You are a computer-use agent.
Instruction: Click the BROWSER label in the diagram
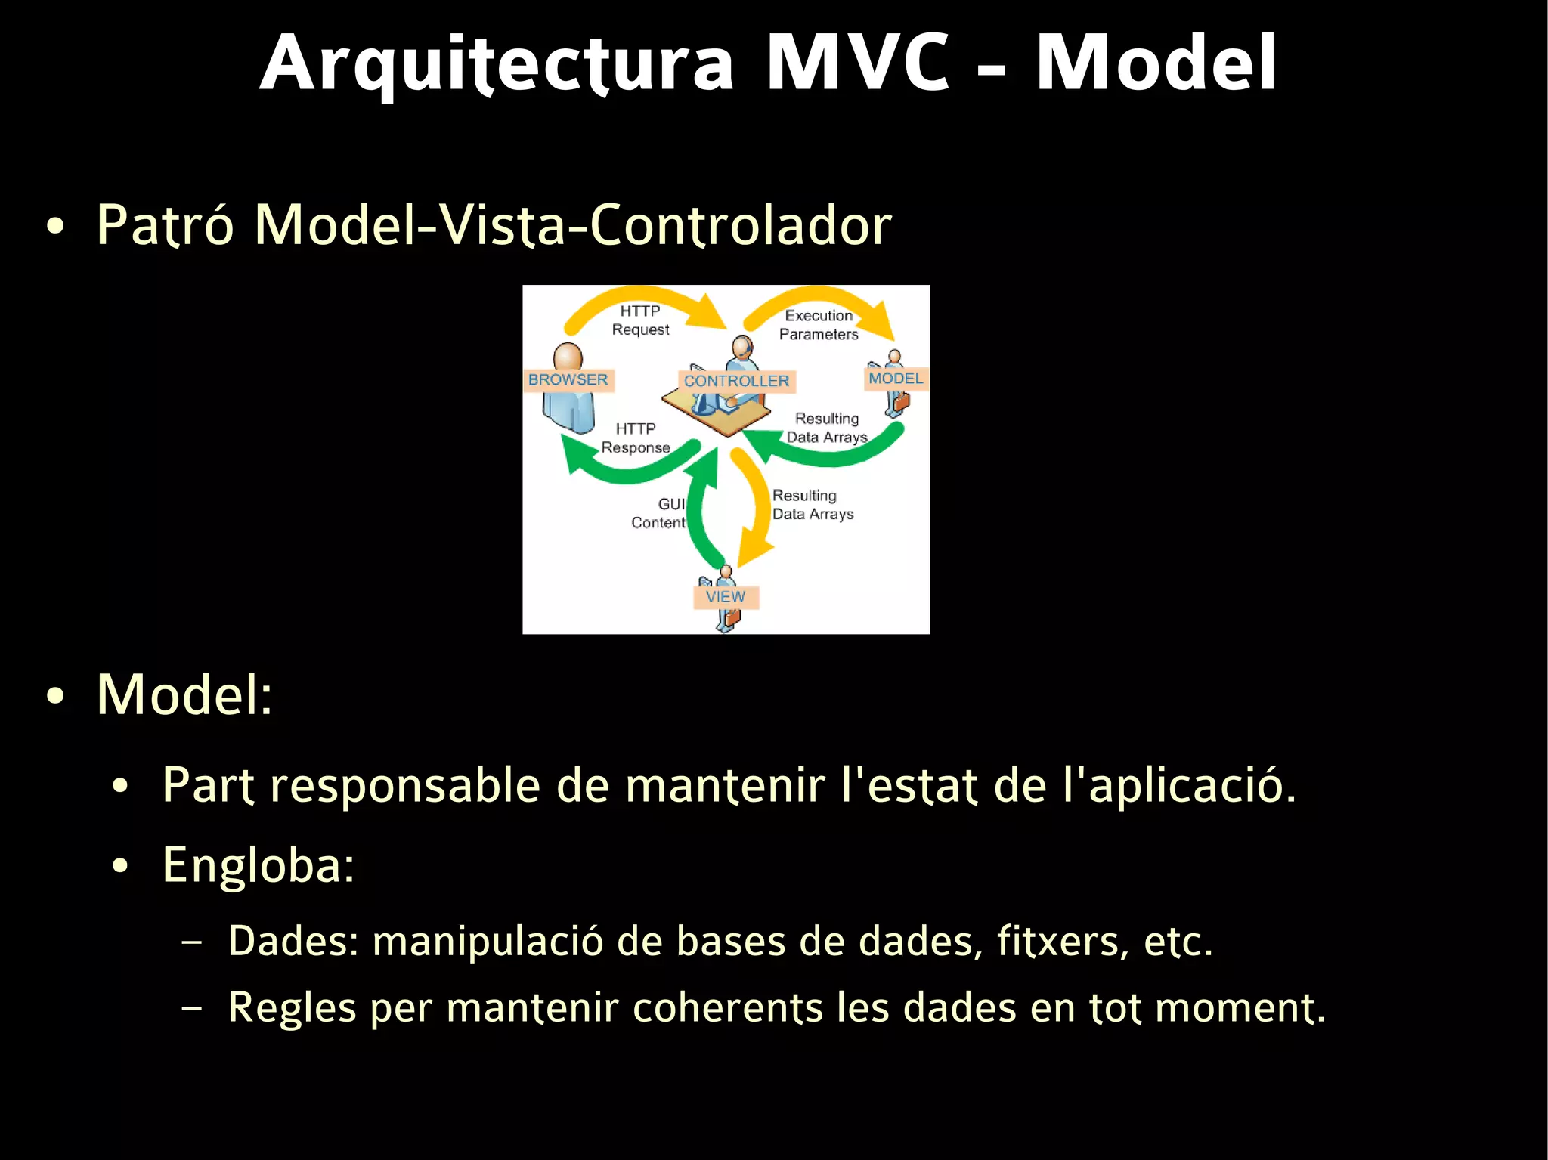568,379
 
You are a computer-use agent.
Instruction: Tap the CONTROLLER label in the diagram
736,381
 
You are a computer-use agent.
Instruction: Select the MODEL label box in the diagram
896,379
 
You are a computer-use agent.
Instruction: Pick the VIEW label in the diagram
726,597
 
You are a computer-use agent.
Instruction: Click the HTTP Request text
640,320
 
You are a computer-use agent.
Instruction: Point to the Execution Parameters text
819,325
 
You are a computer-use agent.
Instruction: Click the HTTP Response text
636,438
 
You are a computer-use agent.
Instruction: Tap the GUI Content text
659,513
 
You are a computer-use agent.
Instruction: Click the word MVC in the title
857,63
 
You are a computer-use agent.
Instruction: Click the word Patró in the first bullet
166,225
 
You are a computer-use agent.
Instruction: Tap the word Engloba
258,865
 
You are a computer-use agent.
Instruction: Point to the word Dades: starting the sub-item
293,942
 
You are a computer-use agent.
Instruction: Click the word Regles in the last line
292,1008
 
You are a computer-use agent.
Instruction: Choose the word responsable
405,786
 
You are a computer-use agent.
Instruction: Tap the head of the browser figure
568,357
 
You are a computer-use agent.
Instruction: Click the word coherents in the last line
727,1008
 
